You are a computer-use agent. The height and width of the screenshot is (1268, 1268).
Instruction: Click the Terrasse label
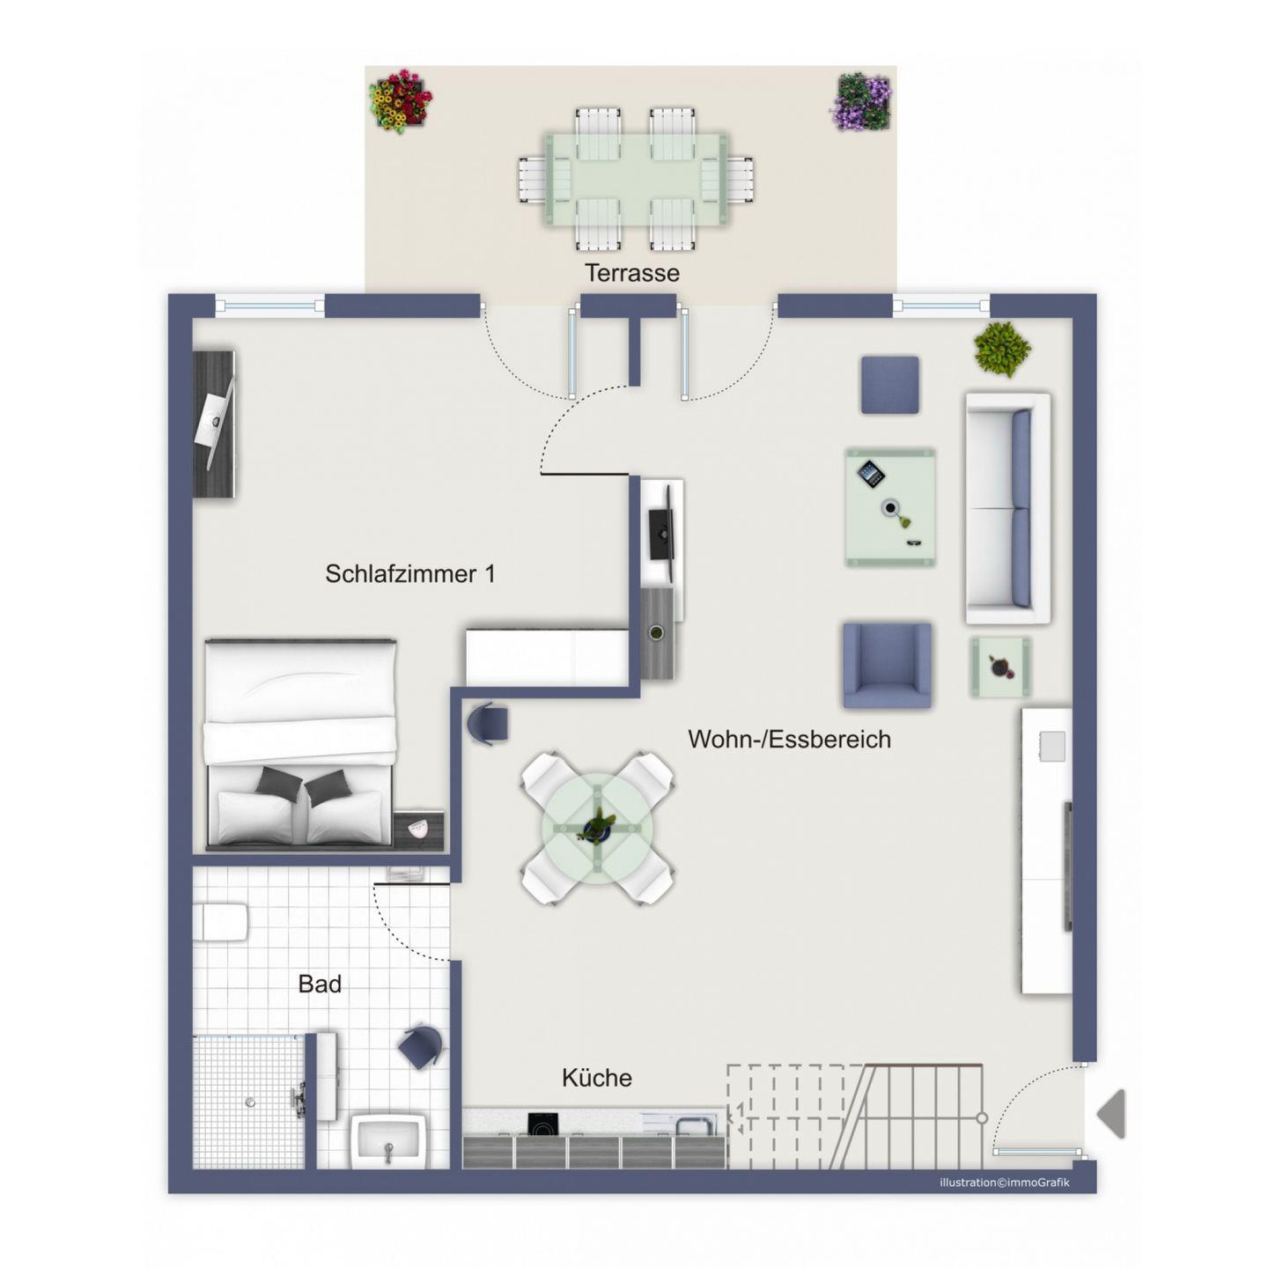coord(631,272)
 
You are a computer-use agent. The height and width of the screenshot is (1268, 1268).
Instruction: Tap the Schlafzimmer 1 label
coord(409,573)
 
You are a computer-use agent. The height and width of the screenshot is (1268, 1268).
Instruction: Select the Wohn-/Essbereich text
coord(789,739)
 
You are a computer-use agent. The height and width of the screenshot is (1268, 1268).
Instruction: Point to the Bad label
coord(319,984)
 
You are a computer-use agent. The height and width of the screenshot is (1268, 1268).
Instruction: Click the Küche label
coord(596,1077)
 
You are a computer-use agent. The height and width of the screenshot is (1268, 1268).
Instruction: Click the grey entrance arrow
coord(1111,1113)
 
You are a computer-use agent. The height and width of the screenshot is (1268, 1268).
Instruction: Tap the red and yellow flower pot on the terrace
coord(400,101)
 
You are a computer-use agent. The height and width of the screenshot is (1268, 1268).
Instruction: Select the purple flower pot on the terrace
coord(861,102)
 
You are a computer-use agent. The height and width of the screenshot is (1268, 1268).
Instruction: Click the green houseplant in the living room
coord(1001,348)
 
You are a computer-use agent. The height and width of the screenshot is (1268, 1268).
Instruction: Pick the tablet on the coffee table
coord(870,474)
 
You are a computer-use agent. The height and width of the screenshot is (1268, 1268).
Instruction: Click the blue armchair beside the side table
coord(887,665)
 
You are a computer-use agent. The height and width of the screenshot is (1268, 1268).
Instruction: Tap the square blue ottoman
coord(889,385)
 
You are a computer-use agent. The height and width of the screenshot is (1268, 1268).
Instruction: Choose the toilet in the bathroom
coord(220,922)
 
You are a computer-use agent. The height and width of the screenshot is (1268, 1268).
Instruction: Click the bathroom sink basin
coord(388,1140)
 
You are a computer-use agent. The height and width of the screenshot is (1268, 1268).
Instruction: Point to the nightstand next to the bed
coord(418,831)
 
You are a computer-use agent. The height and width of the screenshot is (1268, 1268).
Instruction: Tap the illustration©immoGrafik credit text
coord(1004,1201)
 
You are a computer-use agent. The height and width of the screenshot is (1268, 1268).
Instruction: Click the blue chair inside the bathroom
coord(420,1047)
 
